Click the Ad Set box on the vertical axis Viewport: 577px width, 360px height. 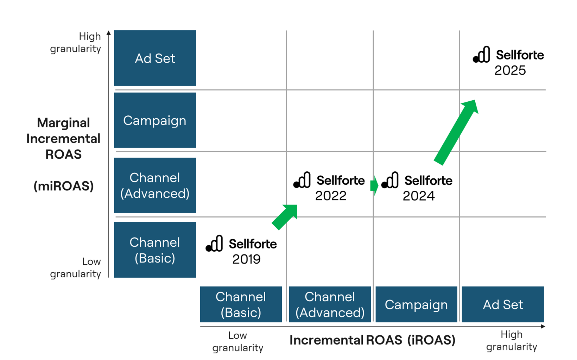tap(155, 58)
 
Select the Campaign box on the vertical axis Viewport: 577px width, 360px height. tap(155, 120)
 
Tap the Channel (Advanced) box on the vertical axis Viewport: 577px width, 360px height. tap(155, 185)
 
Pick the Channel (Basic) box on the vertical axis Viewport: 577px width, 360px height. tap(155, 250)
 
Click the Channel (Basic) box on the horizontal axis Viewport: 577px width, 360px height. tap(241, 304)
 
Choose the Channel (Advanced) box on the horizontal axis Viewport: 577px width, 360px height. tap(330, 304)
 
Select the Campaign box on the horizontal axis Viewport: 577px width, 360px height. tap(416, 304)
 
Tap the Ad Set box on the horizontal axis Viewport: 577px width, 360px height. tap(503, 304)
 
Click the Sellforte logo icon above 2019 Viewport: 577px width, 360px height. tap(215, 244)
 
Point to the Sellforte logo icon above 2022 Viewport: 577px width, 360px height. tap(302, 180)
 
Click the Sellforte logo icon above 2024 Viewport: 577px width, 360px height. tap(390, 180)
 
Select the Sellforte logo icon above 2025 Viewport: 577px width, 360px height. tap(482, 55)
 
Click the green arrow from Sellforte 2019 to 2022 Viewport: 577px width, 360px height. tap(285, 217)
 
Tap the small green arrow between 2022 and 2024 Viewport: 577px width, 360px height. tap(374, 185)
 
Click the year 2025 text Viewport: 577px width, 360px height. tap(510, 70)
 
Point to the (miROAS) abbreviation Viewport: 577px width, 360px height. tap(64, 186)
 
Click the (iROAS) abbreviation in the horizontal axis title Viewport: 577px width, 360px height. tap(431, 340)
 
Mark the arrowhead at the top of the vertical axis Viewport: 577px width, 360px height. tap(109, 33)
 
